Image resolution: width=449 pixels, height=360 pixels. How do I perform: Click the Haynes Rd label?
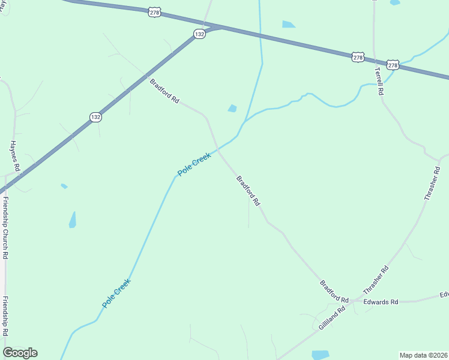click(16, 157)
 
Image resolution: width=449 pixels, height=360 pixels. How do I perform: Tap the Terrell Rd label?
click(379, 81)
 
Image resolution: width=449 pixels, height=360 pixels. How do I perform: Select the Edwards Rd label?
click(381, 302)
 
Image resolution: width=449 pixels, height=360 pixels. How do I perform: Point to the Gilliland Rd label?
click(331, 317)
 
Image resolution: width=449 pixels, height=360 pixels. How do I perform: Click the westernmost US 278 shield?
click(155, 12)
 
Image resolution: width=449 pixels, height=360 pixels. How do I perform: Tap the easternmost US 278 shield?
click(393, 65)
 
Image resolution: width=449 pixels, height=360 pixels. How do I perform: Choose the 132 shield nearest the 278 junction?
click(199, 35)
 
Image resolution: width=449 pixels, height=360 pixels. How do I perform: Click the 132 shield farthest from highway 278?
click(95, 117)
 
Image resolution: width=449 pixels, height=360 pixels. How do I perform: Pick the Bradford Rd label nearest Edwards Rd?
click(334, 291)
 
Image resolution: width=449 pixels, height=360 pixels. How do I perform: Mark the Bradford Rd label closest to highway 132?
click(164, 92)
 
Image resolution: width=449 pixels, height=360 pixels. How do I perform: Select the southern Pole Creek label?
click(116, 293)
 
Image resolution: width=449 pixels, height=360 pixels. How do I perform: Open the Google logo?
click(20, 353)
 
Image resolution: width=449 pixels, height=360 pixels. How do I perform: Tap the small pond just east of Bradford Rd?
click(232, 109)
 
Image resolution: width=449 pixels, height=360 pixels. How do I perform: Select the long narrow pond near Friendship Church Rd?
click(73, 220)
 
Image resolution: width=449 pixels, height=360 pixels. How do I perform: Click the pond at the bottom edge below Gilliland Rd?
click(320, 355)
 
